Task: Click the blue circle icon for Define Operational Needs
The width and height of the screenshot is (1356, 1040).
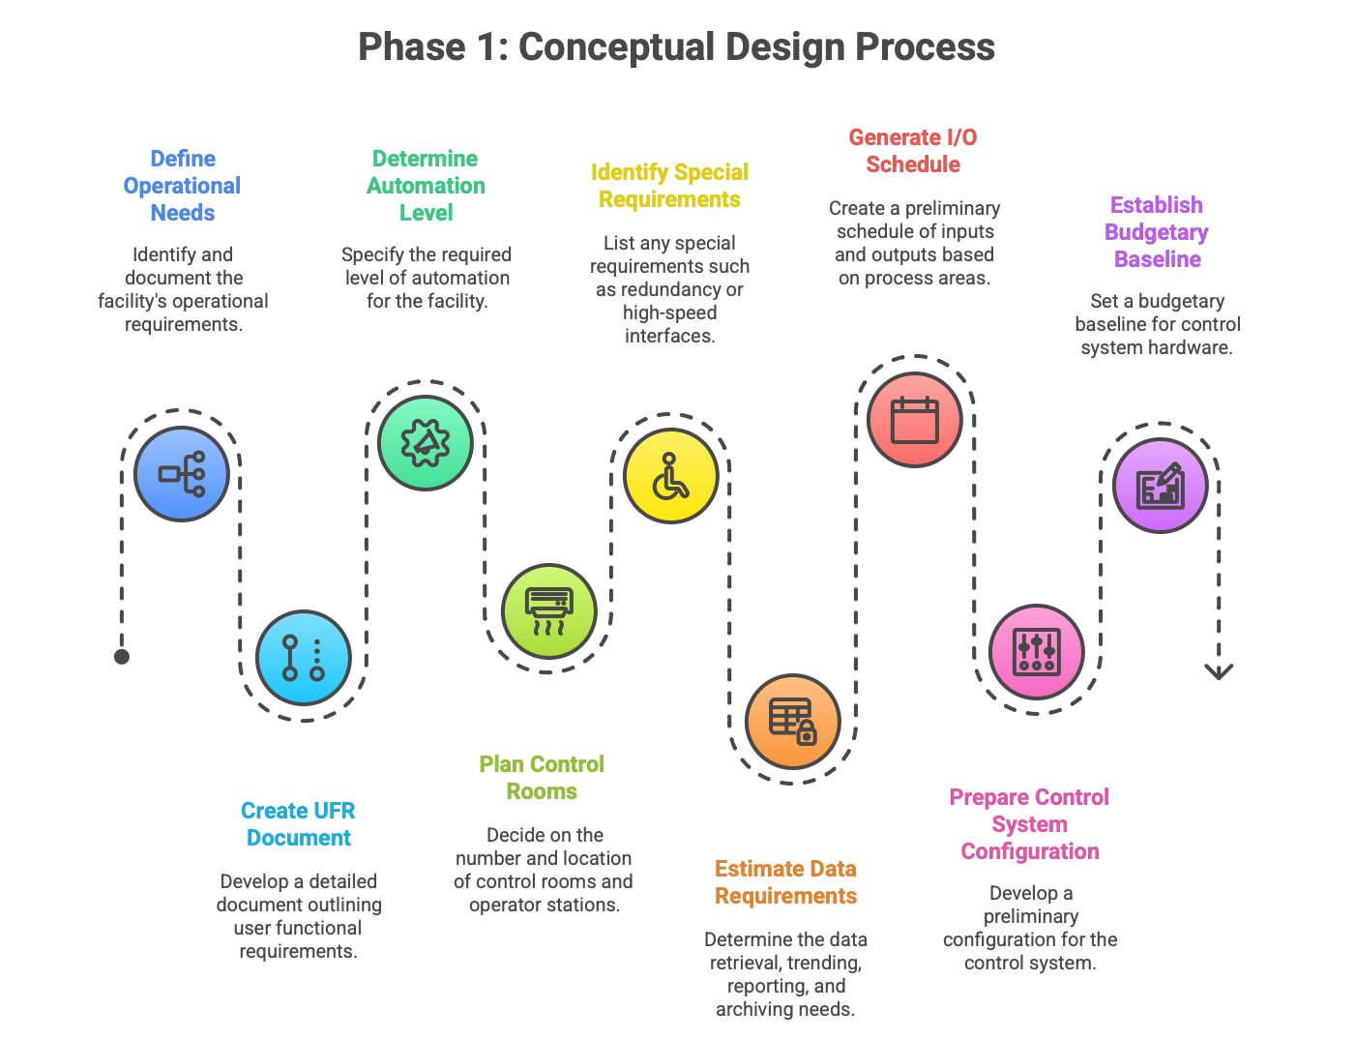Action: [x=182, y=474]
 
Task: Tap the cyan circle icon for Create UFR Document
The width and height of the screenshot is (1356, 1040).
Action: [x=304, y=658]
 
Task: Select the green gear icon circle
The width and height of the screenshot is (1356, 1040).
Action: [x=426, y=443]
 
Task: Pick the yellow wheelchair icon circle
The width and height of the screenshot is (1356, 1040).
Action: [x=670, y=476]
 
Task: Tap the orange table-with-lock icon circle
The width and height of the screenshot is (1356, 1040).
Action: [x=792, y=722]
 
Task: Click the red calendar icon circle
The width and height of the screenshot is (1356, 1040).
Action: [x=914, y=420]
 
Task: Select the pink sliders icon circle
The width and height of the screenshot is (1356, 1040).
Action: [x=1036, y=652]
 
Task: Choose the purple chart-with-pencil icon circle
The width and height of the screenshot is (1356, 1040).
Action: [x=1160, y=486]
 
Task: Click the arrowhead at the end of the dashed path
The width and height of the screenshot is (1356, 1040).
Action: [x=1219, y=671]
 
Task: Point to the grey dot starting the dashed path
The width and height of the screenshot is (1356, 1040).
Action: [x=122, y=657]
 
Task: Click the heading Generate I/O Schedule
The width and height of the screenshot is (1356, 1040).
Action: [x=913, y=151]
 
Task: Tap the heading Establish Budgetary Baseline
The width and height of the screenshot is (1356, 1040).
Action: [x=1157, y=232]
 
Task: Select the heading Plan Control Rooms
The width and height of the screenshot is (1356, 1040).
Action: [x=542, y=778]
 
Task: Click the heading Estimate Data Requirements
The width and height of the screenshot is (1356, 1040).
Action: [x=785, y=882]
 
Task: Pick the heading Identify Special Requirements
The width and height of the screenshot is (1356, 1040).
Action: [x=669, y=186]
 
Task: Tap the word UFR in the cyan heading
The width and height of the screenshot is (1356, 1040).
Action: [x=331, y=811]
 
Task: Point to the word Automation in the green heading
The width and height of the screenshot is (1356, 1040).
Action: [x=426, y=186]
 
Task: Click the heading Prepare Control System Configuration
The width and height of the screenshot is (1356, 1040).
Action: [x=1029, y=824]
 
